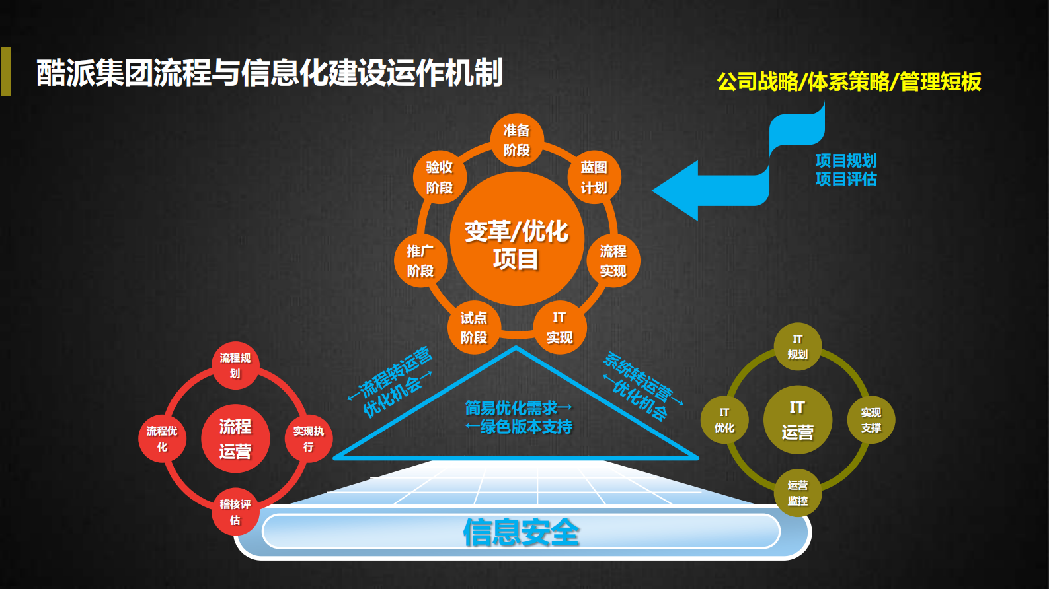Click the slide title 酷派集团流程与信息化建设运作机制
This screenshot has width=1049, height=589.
270,73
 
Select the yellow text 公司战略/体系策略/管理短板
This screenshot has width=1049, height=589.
849,82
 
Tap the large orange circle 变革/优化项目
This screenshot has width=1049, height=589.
516,239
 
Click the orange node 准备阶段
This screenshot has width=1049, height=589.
516,140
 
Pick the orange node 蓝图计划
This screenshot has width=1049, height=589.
594,177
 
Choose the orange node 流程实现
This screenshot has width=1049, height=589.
613,261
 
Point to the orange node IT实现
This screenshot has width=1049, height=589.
559,328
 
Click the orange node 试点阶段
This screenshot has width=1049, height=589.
473,328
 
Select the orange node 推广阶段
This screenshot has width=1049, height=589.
420,261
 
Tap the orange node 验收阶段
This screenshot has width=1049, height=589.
440,177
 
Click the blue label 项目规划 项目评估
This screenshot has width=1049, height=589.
845,170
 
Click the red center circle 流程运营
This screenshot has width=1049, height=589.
235,438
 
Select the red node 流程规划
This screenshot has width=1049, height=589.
235,365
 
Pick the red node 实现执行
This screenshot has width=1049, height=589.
309,438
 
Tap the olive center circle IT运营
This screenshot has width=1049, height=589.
797,420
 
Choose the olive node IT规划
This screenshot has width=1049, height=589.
797,347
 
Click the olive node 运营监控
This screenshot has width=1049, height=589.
797,493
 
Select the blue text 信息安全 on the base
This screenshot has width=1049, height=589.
521,532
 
